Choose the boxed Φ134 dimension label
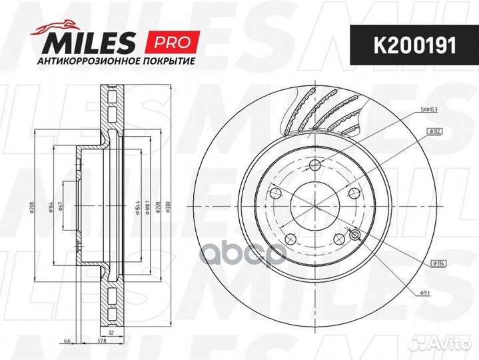click(x=439, y=264)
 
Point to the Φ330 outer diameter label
click(x=168, y=207)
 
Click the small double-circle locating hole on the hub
click(x=354, y=234)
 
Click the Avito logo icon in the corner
click(x=422, y=342)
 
